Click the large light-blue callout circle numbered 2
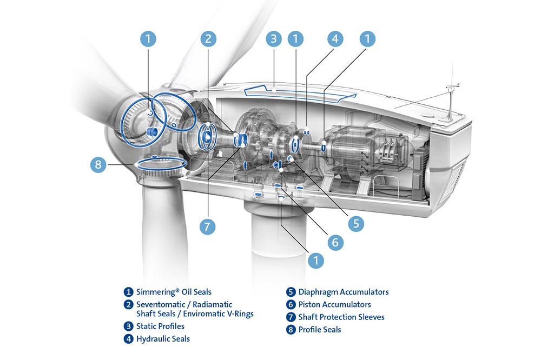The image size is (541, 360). point(208,38)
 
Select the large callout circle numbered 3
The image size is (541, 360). point(274,38)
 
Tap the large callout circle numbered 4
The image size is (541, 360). point(335,38)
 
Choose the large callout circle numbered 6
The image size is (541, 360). point(335,242)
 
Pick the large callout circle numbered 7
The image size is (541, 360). point(208,226)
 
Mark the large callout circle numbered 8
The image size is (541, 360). point(98,165)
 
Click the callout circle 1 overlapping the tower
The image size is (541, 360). point(315,261)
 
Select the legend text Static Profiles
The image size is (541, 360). point(160,326)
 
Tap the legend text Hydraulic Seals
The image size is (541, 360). point(163,339)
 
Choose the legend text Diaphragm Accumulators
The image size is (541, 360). point(344,292)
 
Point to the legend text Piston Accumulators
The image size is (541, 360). point(335,304)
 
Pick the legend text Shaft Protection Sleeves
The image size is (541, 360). point(341,317)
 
